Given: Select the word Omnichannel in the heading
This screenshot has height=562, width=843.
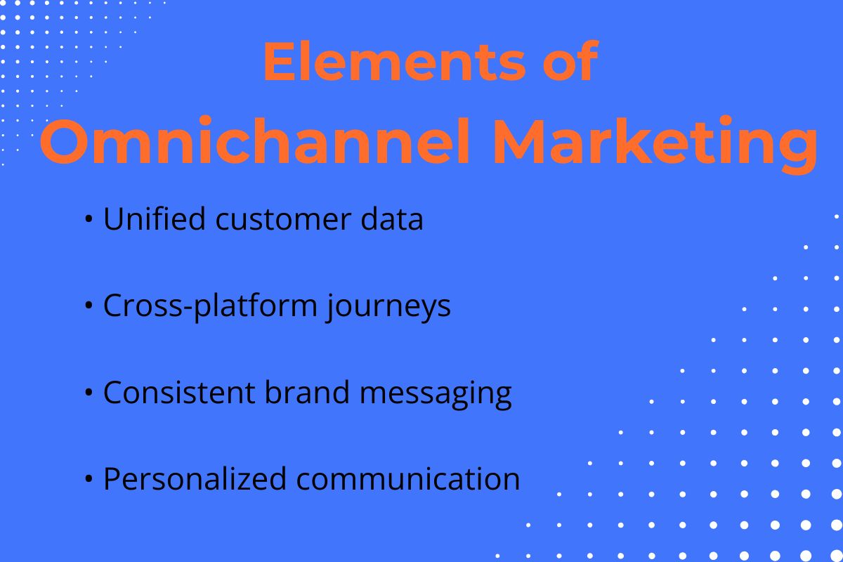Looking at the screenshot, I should [x=254, y=143].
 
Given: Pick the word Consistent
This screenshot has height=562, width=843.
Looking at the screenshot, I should [x=178, y=393].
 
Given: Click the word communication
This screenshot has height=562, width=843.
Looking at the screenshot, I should [x=408, y=479].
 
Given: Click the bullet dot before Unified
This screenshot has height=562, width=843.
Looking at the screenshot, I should [x=89, y=221].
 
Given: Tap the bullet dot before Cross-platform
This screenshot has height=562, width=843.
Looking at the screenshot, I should [x=89, y=307].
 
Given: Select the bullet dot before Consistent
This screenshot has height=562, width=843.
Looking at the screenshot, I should [x=89, y=393].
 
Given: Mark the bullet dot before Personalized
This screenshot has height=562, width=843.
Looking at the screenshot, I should [x=89, y=480].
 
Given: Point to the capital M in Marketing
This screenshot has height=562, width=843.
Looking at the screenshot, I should [x=521, y=143].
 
